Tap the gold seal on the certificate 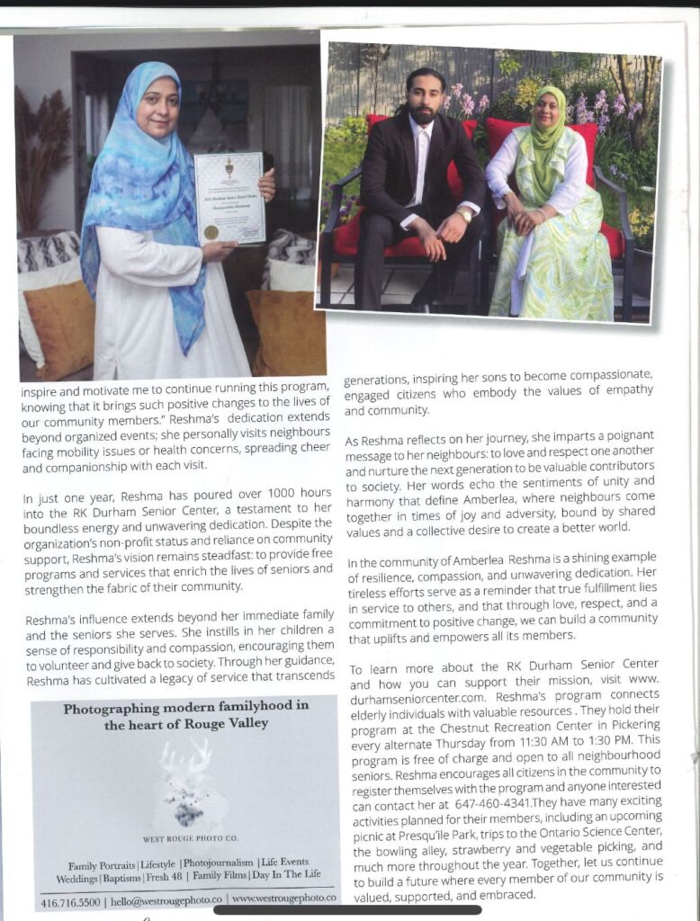[x=211, y=231]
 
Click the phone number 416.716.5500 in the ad [x=70, y=899]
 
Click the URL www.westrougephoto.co [x=284, y=898]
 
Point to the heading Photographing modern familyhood [x=186, y=708]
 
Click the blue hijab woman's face [x=157, y=106]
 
